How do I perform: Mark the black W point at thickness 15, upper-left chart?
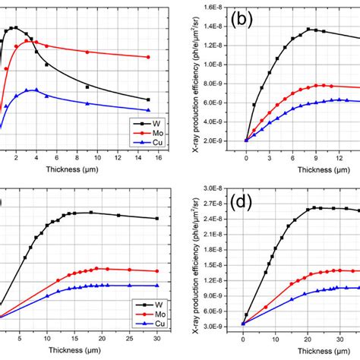pos(148,99)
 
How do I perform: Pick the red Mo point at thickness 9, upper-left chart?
pos(87,52)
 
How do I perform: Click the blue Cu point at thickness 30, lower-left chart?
pos(156,286)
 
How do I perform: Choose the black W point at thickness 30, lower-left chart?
pos(156,219)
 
